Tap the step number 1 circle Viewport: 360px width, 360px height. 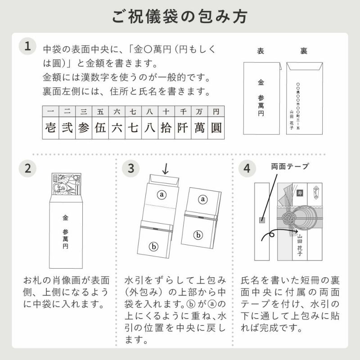click(28, 46)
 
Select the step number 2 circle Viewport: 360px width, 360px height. click(28, 168)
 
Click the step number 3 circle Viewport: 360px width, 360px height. click(131, 168)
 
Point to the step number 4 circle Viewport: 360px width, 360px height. click(246, 168)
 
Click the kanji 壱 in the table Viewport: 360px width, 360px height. click(50, 128)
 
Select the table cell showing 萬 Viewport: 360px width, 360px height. click(199, 128)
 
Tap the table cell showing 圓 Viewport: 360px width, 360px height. click(216, 128)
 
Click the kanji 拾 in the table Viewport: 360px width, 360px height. click(166, 128)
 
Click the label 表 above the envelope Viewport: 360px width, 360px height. click(260, 51)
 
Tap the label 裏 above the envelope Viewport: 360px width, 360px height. click(304, 51)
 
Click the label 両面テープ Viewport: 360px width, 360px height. click(290, 166)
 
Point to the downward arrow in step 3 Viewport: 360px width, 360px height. click(165, 169)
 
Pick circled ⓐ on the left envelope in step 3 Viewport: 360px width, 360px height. click(161, 194)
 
